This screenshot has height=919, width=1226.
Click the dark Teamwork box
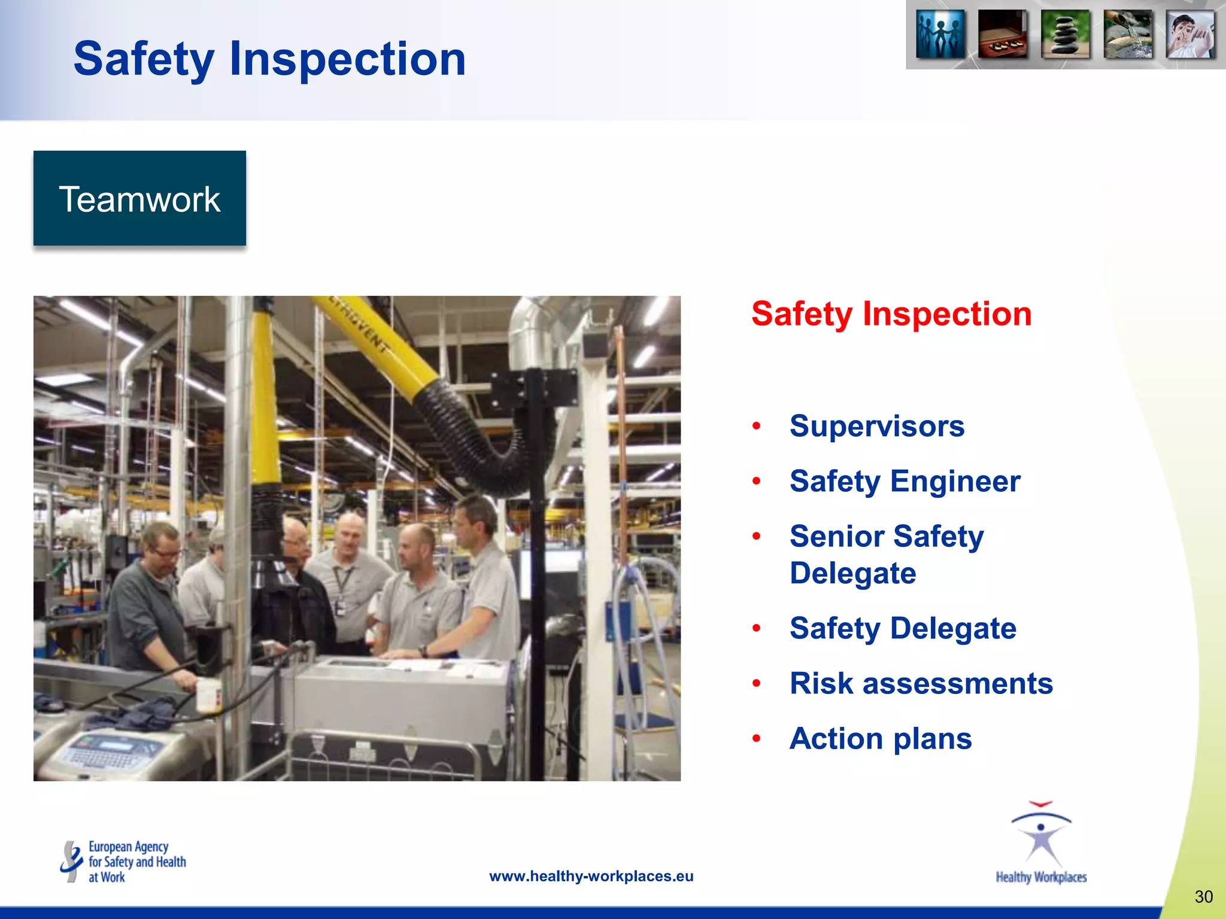pyautogui.click(x=139, y=198)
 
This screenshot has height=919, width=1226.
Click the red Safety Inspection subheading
pyautogui.click(x=891, y=314)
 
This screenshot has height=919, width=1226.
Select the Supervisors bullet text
pyautogui.click(x=877, y=426)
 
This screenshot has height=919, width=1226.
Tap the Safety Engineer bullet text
pyautogui.click(x=905, y=481)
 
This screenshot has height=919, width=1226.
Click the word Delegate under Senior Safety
pyautogui.click(x=852, y=573)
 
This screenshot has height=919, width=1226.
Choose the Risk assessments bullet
pyautogui.click(x=921, y=683)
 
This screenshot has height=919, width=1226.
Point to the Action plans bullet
pyautogui.click(x=881, y=738)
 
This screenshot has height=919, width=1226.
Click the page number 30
pyautogui.click(x=1203, y=896)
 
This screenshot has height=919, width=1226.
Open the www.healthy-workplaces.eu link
pyautogui.click(x=591, y=876)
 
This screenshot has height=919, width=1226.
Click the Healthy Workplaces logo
pyautogui.click(x=1041, y=844)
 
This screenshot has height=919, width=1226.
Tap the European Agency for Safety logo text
pyautogui.click(x=136, y=862)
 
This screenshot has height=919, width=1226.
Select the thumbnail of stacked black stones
pyautogui.click(x=1066, y=35)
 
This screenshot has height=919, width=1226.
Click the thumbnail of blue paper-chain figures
pyautogui.click(x=940, y=35)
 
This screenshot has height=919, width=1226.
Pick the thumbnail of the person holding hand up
pyautogui.click(x=1190, y=35)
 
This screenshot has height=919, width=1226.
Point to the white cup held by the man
pyautogui.click(x=209, y=695)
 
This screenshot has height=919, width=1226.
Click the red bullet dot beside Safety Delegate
pyautogui.click(x=757, y=628)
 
